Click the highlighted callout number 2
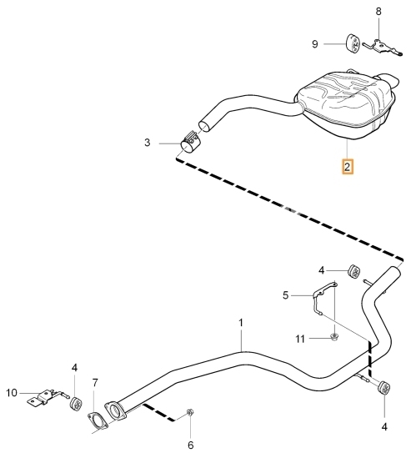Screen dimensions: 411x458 [x=348, y=167]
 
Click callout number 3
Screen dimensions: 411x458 [x=147, y=143]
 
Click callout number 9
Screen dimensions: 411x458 [x=314, y=44]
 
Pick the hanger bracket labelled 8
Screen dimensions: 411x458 [x=383, y=48]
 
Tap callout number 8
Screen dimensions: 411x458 [x=378, y=12]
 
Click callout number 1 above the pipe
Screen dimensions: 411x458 [x=241, y=323]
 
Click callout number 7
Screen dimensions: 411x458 [x=95, y=383]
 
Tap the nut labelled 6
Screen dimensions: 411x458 [x=190, y=412]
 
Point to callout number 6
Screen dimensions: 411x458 [x=190, y=445]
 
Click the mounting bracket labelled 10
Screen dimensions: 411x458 [x=47, y=397]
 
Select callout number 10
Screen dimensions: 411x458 [x=12, y=393]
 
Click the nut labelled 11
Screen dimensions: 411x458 [x=334, y=336]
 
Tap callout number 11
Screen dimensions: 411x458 [x=300, y=339]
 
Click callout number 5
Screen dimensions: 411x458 [x=285, y=295]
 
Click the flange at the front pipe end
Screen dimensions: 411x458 [x=115, y=411]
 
